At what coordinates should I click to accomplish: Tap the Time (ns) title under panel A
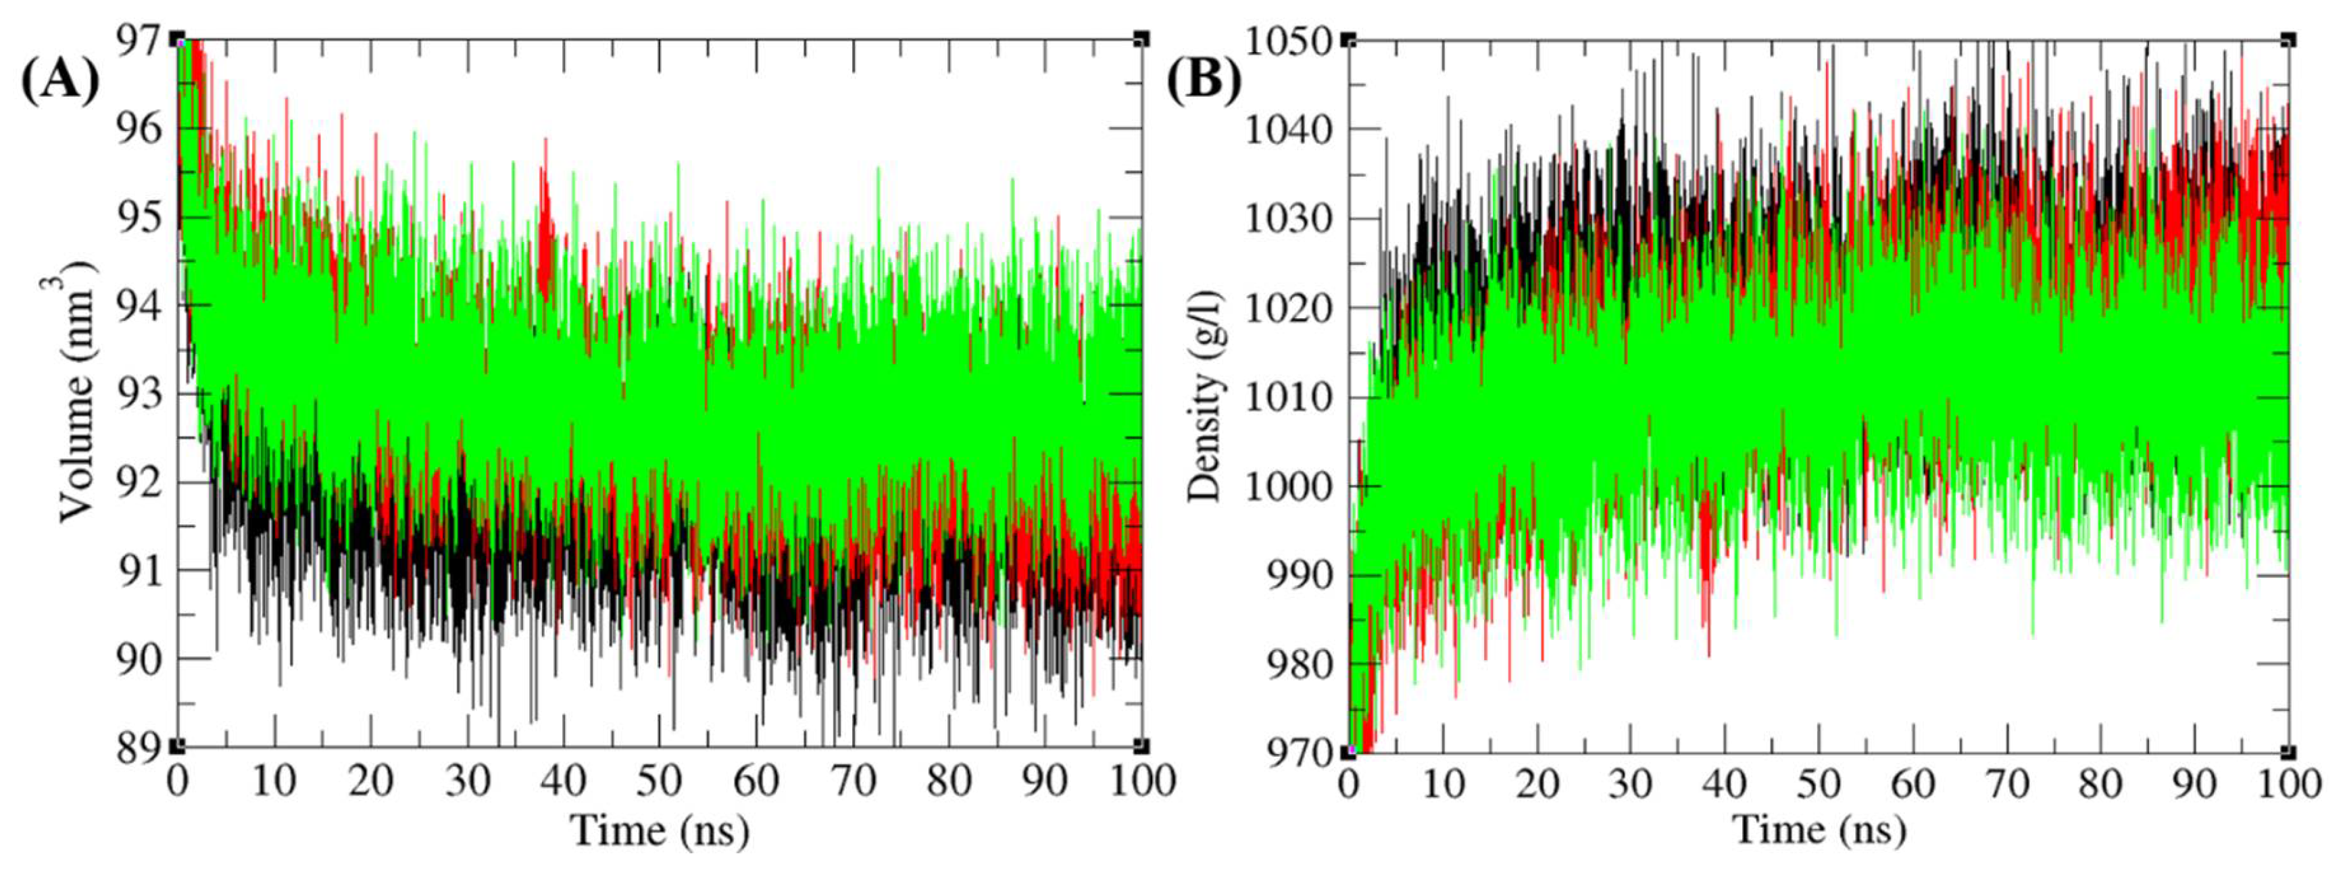click(659, 830)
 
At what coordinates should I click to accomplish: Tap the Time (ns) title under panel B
click(1817, 830)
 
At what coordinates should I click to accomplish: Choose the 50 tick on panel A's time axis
click(659, 781)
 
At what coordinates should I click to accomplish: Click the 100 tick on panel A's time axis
click(1141, 781)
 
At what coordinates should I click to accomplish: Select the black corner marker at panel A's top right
click(1141, 39)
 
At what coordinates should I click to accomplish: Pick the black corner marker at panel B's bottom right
click(2288, 752)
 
